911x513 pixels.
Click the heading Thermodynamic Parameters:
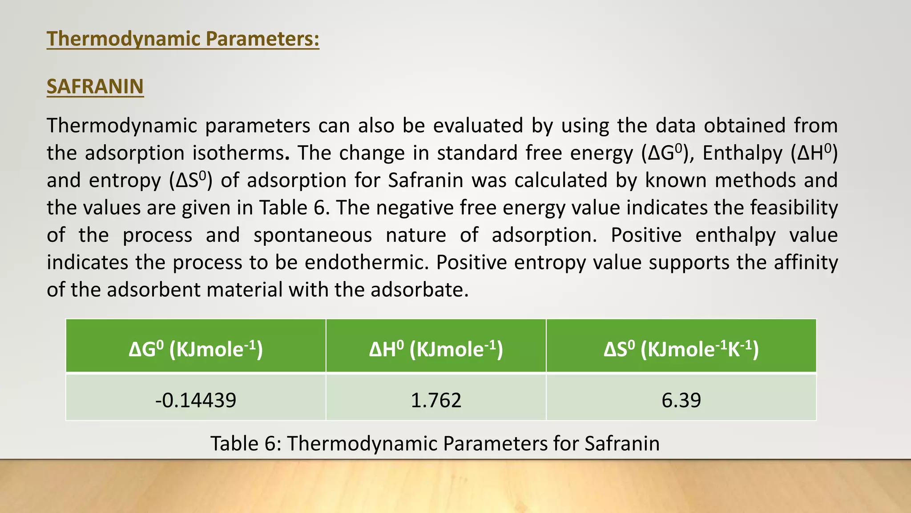pos(183,39)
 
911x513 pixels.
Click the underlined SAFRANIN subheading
pos(95,86)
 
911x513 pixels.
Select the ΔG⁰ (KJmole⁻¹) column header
pos(196,348)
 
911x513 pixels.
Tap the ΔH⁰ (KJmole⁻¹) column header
pos(436,348)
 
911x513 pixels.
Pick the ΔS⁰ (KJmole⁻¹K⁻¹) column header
pos(681,348)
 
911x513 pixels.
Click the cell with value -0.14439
pos(196,399)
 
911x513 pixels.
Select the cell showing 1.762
pos(436,399)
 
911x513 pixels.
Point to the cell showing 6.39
pos(681,399)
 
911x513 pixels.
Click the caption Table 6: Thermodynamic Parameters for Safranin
pos(435,444)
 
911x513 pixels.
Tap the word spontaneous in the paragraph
pos(312,235)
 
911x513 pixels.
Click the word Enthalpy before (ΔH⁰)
pos(742,153)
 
